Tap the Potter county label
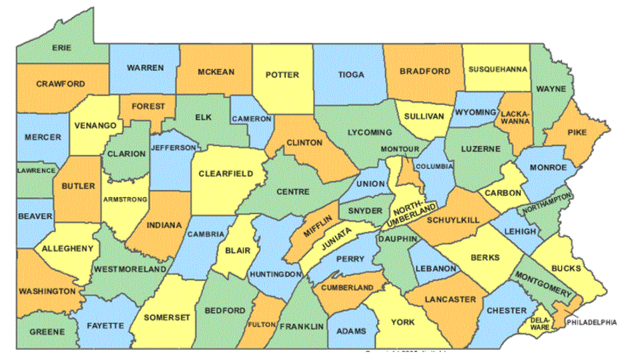(x=282, y=75)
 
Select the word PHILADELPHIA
(x=592, y=322)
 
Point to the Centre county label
(x=292, y=192)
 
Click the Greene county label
(x=47, y=331)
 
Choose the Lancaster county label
(x=449, y=299)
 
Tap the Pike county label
(x=577, y=132)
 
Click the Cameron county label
(x=252, y=119)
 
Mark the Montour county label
(x=400, y=148)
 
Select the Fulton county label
(x=257, y=325)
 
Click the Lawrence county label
(x=37, y=170)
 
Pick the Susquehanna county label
(x=498, y=69)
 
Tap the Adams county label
(x=351, y=330)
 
